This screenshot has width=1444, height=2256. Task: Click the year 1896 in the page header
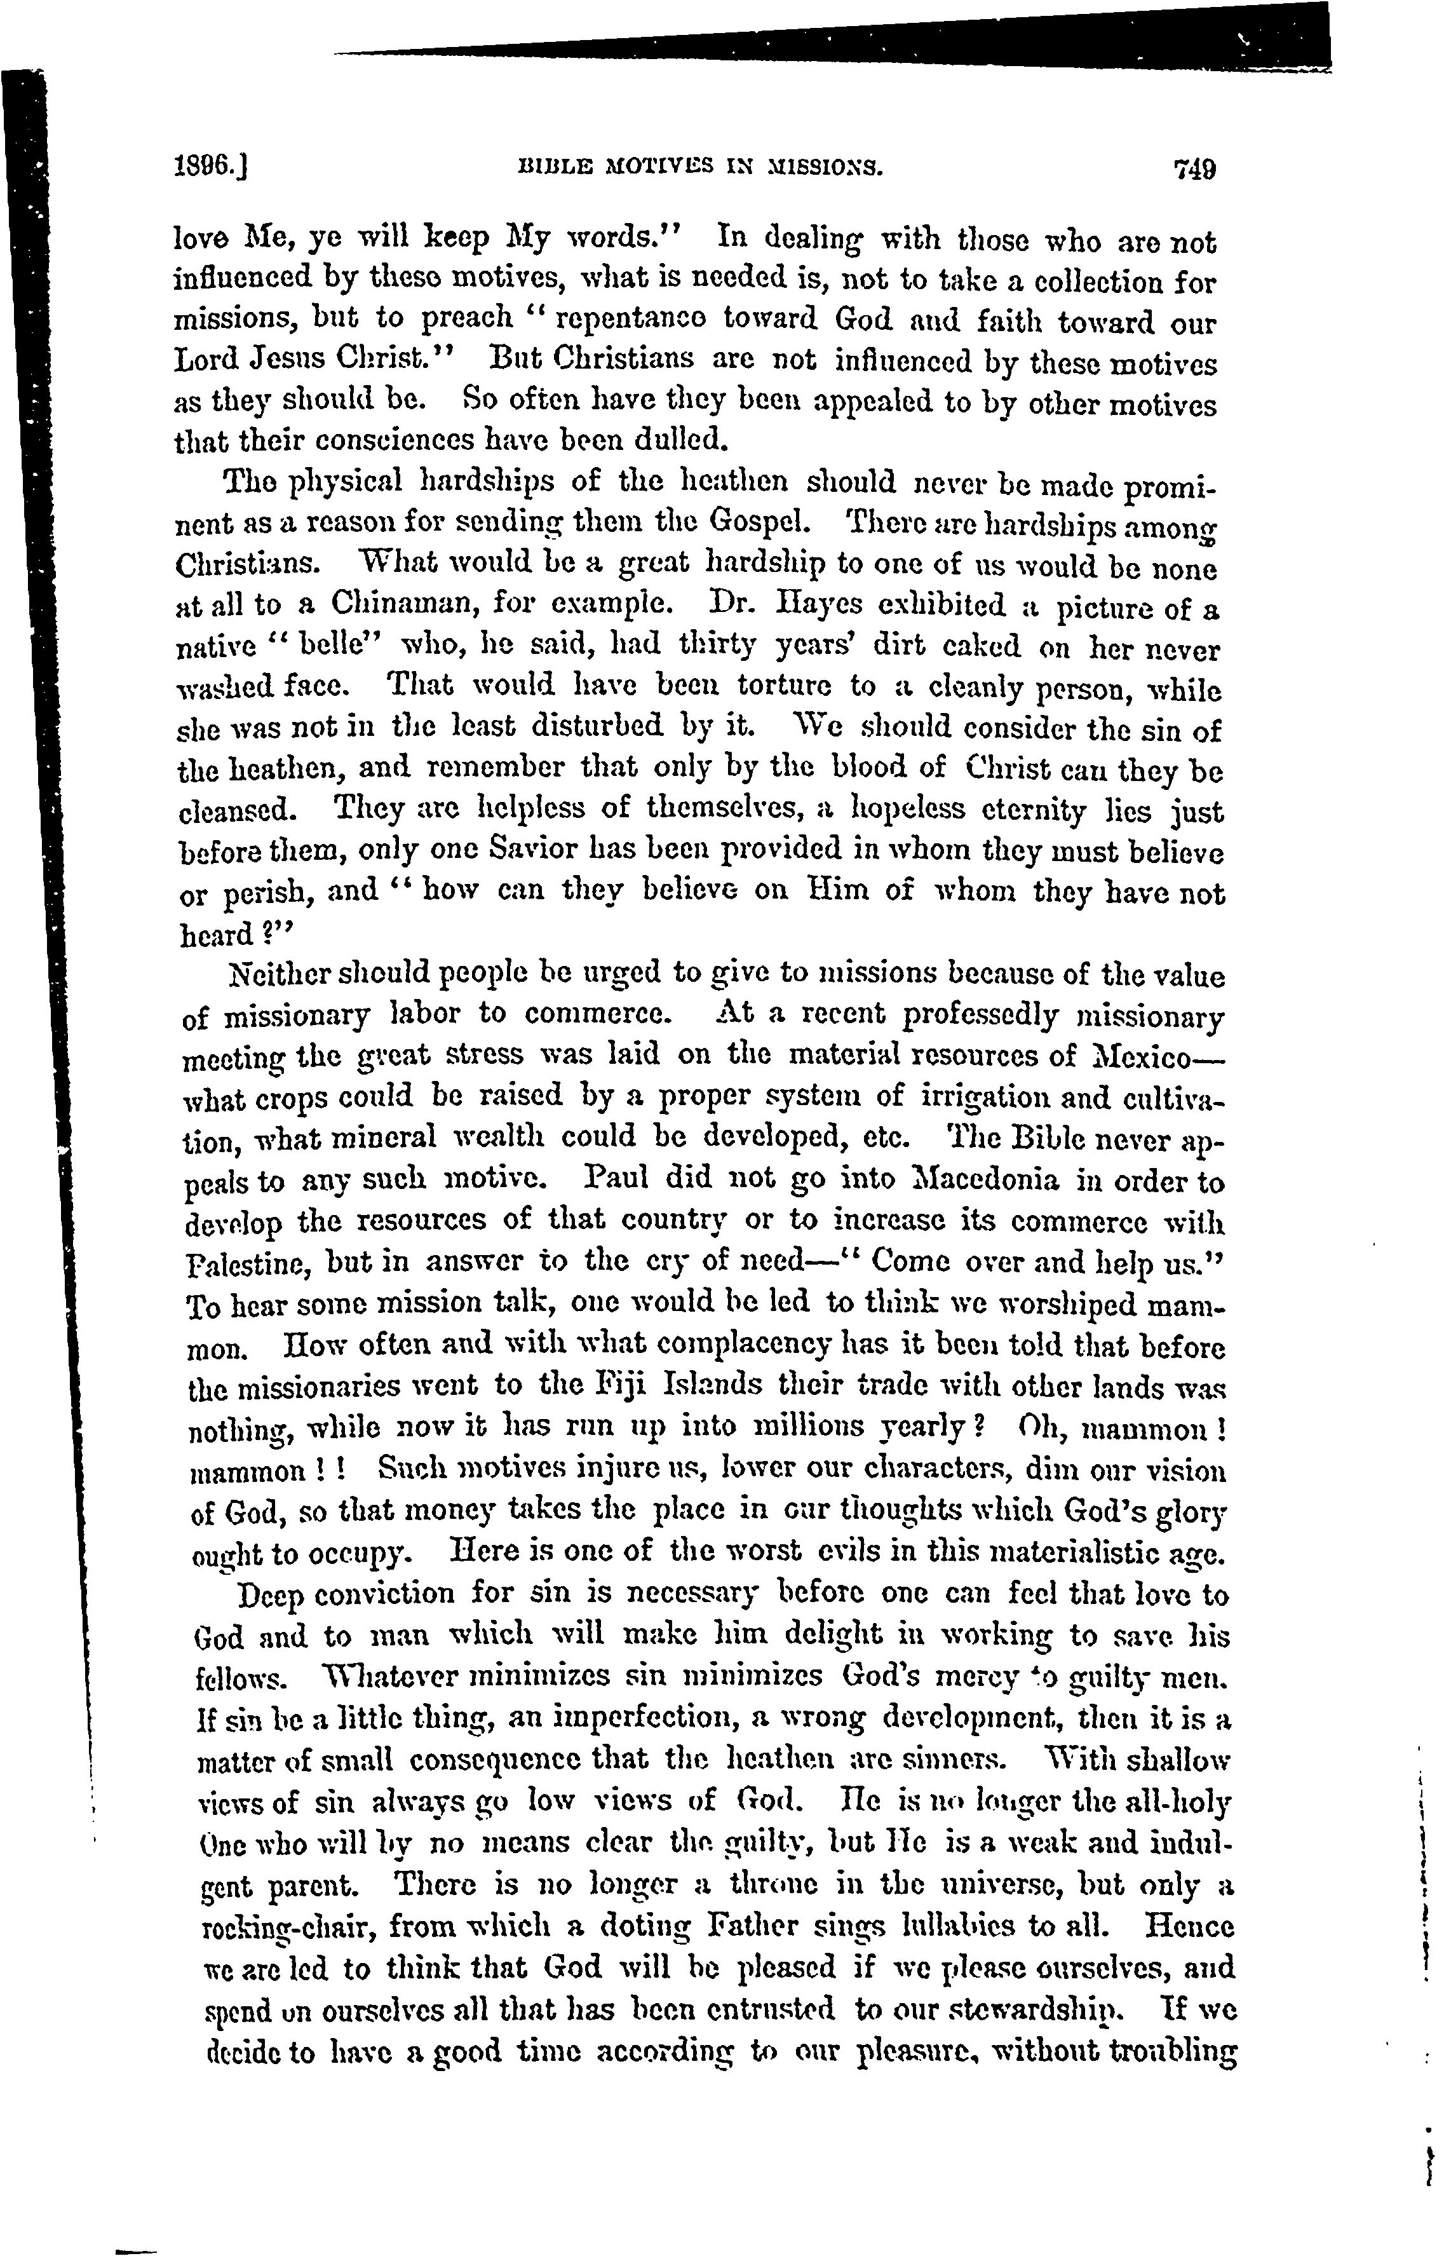pyautogui.click(x=208, y=167)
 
